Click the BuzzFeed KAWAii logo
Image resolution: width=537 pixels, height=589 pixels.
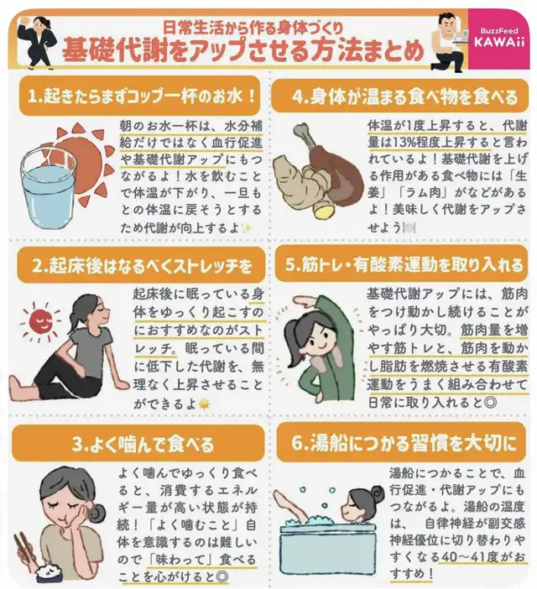click(x=498, y=37)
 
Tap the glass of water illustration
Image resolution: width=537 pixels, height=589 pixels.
click(x=48, y=187)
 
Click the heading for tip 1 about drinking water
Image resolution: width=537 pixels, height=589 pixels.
click(x=139, y=96)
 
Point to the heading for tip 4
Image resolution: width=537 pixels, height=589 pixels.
click(x=399, y=96)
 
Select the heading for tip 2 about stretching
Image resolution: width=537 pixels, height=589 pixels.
click(x=141, y=265)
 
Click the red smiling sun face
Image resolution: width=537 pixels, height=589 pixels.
click(x=41, y=321)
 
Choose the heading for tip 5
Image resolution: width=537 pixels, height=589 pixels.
click(x=401, y=263)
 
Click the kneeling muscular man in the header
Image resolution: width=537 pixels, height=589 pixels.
click(x=447, y=41)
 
